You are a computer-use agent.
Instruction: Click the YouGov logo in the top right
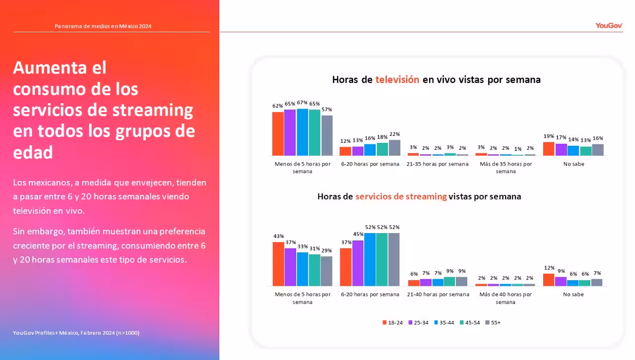(x=609, y=25)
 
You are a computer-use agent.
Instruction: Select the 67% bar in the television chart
(x=302, y=132)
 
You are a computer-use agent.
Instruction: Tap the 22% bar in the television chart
(x=394, y=148)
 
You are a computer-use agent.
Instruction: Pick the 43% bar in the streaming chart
(x=278, y=264)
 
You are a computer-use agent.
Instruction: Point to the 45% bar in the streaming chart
(x=358, y=263)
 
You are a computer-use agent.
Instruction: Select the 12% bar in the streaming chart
(x=549, y=280)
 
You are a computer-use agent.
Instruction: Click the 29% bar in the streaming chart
(x=326, y=271)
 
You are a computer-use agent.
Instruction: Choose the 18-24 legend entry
(x=392, y=322)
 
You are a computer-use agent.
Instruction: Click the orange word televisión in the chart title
(x=397, y=79)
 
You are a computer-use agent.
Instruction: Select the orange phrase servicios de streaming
(x=401, y=196)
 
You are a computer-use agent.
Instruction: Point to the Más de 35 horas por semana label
(x=506, y=168)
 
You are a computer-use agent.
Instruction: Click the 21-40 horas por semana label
(x=438, y=294)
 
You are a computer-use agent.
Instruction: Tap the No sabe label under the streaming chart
(x=573, y=294)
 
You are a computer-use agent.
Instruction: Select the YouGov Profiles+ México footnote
(x=76, y=333)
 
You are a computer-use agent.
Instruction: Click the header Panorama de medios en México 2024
(x=103, y=26)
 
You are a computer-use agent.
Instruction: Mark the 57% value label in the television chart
(x=326, y=109)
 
